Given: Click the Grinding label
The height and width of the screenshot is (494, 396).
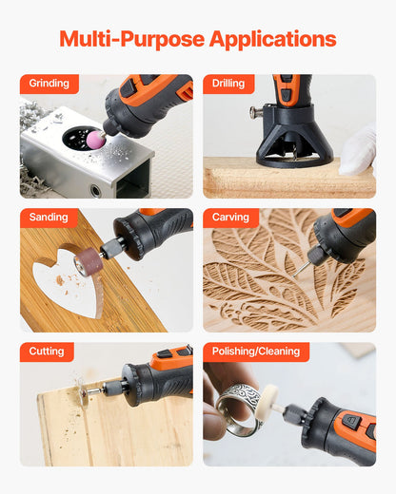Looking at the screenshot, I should [x=49, y=84].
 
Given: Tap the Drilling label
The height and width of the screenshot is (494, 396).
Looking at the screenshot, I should [x=229, y=84].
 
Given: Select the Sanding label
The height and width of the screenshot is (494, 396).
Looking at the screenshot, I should [x=49, y=218].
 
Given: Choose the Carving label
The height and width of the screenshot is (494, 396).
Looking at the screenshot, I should [x=230, y=218].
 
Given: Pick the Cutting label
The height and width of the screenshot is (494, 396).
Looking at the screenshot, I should [x=47, y=351].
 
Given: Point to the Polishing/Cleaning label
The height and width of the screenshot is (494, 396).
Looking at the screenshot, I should [x=256, y=351].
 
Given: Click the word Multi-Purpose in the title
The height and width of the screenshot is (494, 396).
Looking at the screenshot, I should [x=130, y=39].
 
